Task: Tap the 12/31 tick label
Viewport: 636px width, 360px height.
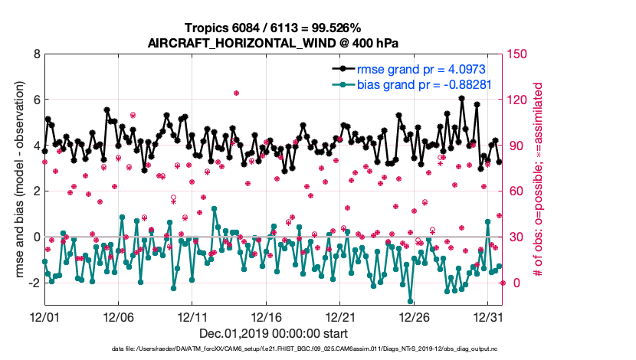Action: point(489,316)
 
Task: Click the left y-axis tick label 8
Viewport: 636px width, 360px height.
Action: point(36,54)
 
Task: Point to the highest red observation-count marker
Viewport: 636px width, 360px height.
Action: point(237,93)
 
